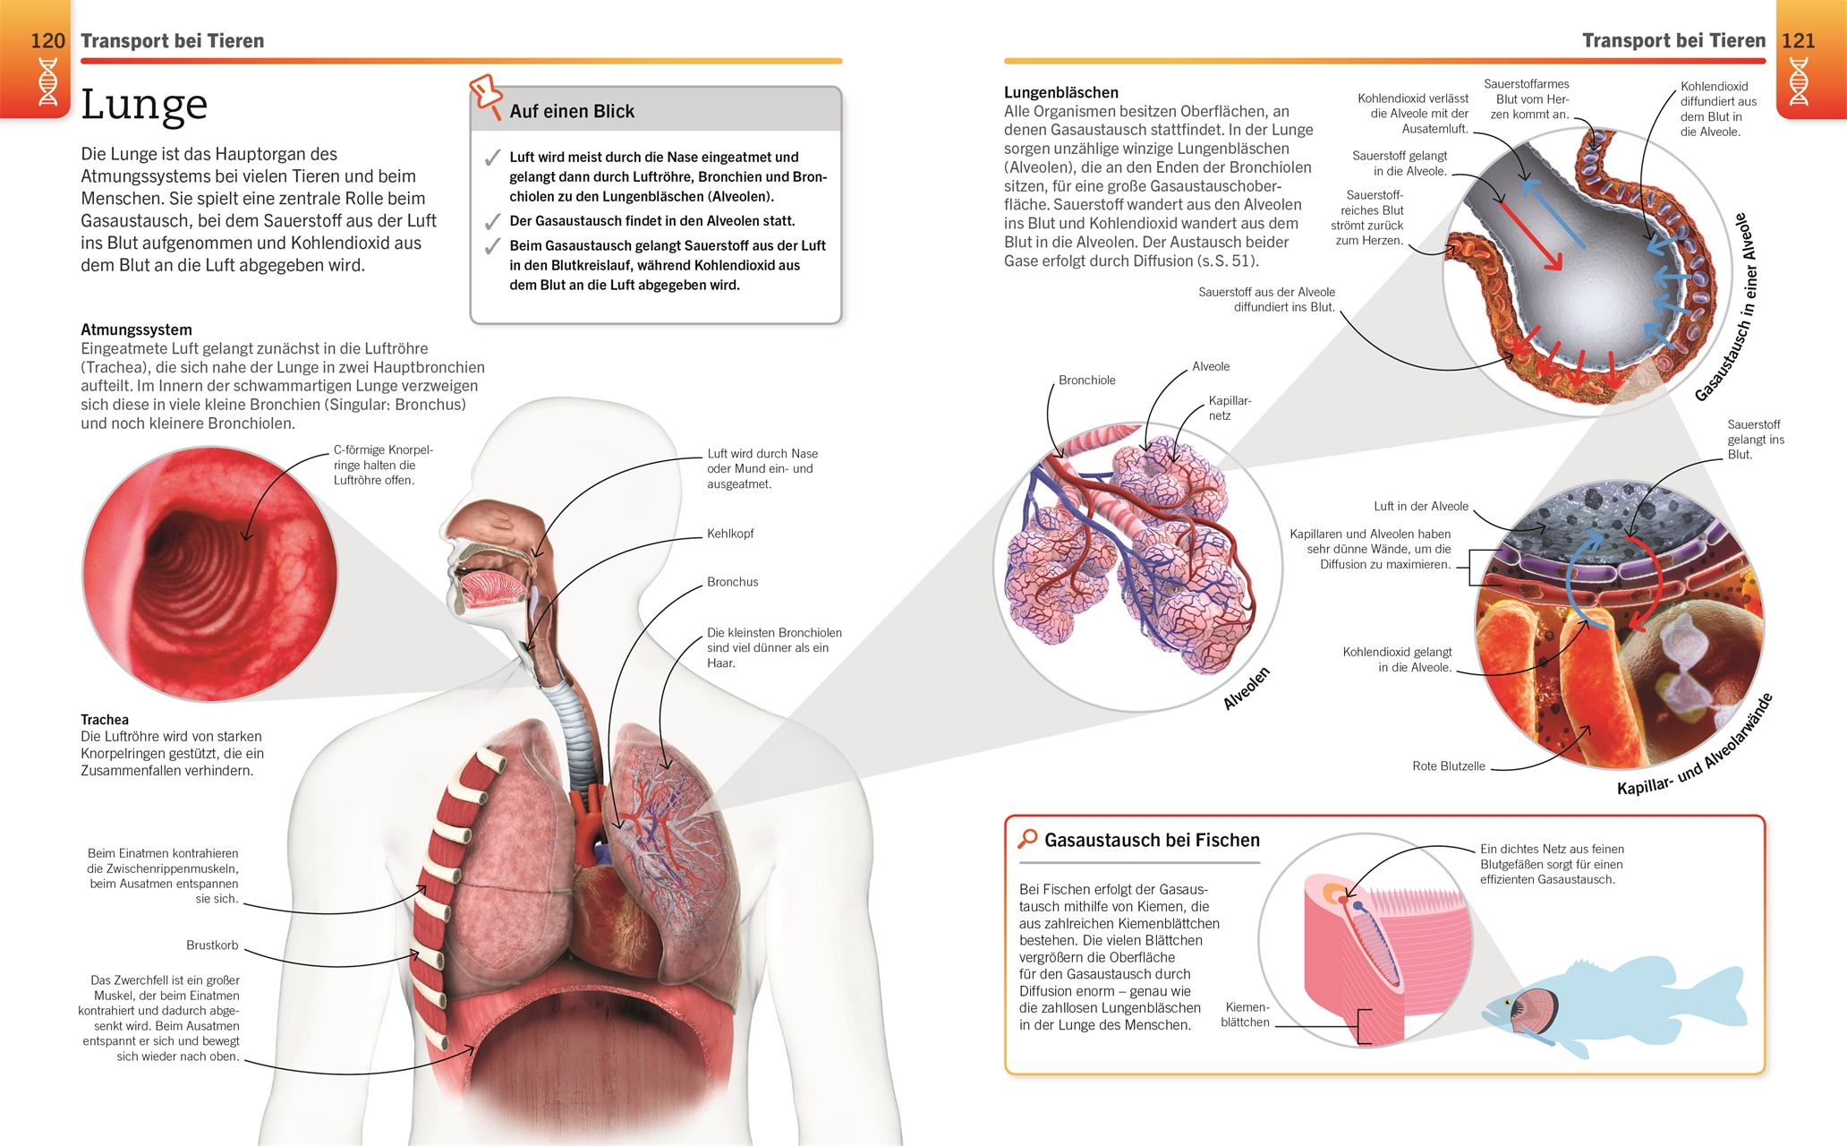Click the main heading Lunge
coord(144,106)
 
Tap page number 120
coord(47,41)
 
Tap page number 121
coord(1798,41)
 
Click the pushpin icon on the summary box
coord(486,95)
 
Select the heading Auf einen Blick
coord(571,112)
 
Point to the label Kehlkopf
coord(730,534)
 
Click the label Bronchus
coord(732,582)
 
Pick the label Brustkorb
coord(212,945)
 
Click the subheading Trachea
coord(105,720)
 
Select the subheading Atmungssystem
coord(136,329)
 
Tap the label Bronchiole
coord(1086,381)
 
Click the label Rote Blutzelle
coord(1448,766)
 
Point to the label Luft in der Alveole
coord(1421,507)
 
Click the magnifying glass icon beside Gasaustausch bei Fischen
coord(1027,839)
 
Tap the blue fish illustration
coord(1611,1007)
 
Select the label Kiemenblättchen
coord(1245,1014)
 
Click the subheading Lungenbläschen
coord(1060,92)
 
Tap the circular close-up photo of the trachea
coord(210,574)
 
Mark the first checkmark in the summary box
coord(491,158)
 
